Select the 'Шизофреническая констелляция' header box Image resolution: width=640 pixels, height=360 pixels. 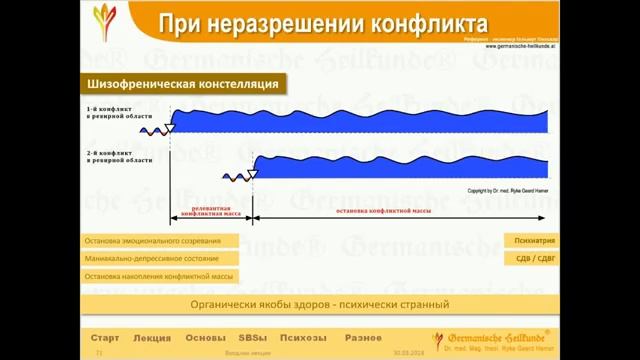click(183, 84)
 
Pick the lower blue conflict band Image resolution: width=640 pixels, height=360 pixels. click(400, 164)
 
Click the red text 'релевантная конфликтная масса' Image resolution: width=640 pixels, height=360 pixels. click(211, 212)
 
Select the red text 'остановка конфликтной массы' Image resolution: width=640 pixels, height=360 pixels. click(383, 212)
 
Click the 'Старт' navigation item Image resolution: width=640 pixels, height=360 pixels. click(105, 338)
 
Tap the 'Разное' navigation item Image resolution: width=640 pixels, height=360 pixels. click(363, 338)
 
